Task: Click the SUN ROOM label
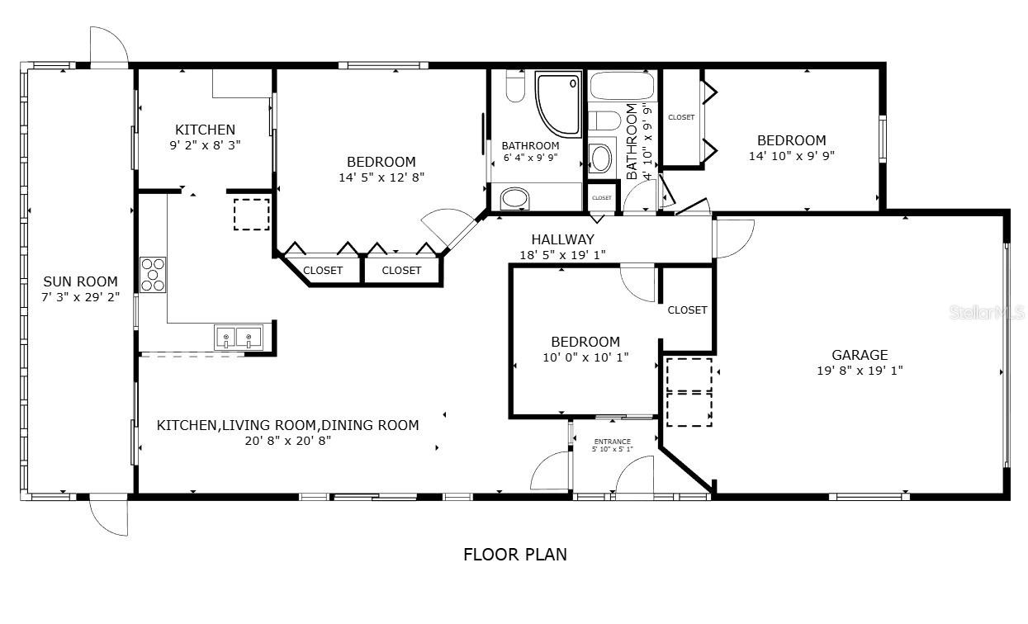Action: click(x=80, y=281)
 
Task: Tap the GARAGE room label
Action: click(x=860, y=355)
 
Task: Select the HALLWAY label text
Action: click(x=562, y=239)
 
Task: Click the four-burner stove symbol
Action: click(x=153, y=274)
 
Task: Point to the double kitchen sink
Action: click(x=238, y=338)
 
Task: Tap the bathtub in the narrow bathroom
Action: click(x=623, y=87)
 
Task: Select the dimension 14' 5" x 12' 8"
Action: click(x=381, y=177)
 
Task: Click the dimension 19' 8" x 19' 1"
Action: click(x=860, y=371)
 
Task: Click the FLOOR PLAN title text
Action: click(x=514, y=554)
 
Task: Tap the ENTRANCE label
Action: click(x=612, y=442)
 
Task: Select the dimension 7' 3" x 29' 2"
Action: click(x=80, y=297)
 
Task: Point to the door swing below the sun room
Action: click(x=108, y=517)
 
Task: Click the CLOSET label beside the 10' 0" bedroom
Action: click(x=687, y=310)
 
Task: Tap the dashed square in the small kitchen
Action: click(x=251, y=215)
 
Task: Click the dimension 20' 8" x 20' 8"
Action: click(x=287, y=441)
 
